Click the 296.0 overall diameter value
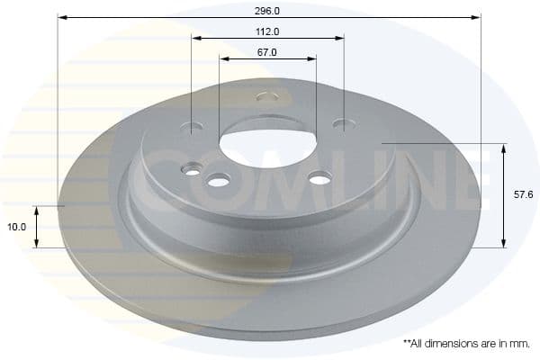coord(267,11)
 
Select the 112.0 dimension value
coord(267,31)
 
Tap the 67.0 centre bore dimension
coord(266,52)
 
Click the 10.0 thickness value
coord(17,228)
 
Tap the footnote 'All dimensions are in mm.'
coord(466,344)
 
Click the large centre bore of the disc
coord(266,139)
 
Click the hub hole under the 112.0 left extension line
coord(193,127)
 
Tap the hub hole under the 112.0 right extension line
coord(340,123)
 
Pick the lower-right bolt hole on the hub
coord(320,179)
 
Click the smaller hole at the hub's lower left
coord(192,168)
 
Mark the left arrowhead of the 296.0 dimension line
coord(62,17)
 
